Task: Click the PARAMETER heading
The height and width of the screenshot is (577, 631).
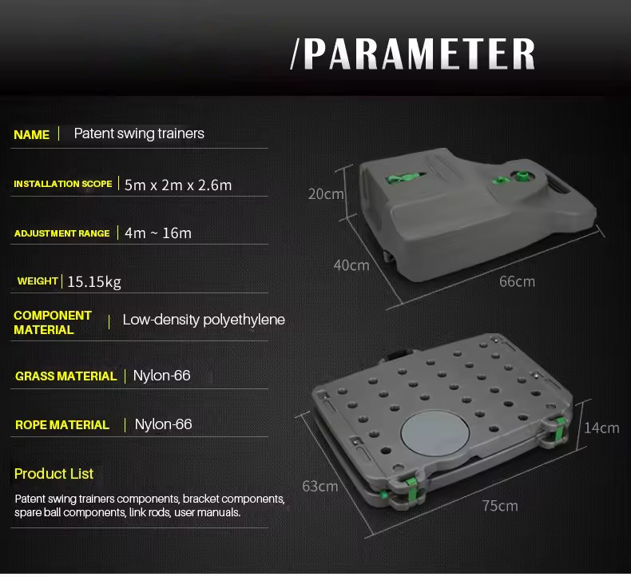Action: tap(413, 54)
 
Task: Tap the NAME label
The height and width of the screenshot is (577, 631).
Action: tap(31, 134)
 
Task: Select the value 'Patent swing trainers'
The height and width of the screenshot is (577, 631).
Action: tap(139, 133)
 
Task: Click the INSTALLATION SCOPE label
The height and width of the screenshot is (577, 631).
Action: tap(63, 184)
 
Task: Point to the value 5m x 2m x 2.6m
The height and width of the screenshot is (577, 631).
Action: tap(178, 185)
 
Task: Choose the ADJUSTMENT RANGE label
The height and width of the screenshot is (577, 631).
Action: tap(62, 233)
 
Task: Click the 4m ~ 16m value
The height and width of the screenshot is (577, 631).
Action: tap(158, 233)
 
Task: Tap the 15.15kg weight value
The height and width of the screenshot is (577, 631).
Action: tap(93, 282)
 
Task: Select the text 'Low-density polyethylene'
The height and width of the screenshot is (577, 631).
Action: tap(204, 320)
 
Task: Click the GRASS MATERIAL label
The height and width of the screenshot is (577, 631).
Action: tap(65, 376)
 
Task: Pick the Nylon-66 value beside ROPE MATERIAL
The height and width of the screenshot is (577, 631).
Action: tap(163, 424)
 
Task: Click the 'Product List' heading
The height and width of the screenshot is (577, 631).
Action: tap(54, 474)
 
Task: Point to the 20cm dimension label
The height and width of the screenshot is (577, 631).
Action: tap(326, 194)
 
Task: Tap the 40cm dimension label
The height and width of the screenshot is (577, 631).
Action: tap(351, 265)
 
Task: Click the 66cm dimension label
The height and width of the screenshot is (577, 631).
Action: tap(517, 281)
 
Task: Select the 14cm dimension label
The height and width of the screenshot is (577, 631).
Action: tap(601, 428)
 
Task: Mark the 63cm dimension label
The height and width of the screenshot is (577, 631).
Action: tap(320, 487)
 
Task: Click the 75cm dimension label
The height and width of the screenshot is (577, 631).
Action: tap(500, 506)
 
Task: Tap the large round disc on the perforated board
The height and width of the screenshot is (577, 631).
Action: tap(435, 433)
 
